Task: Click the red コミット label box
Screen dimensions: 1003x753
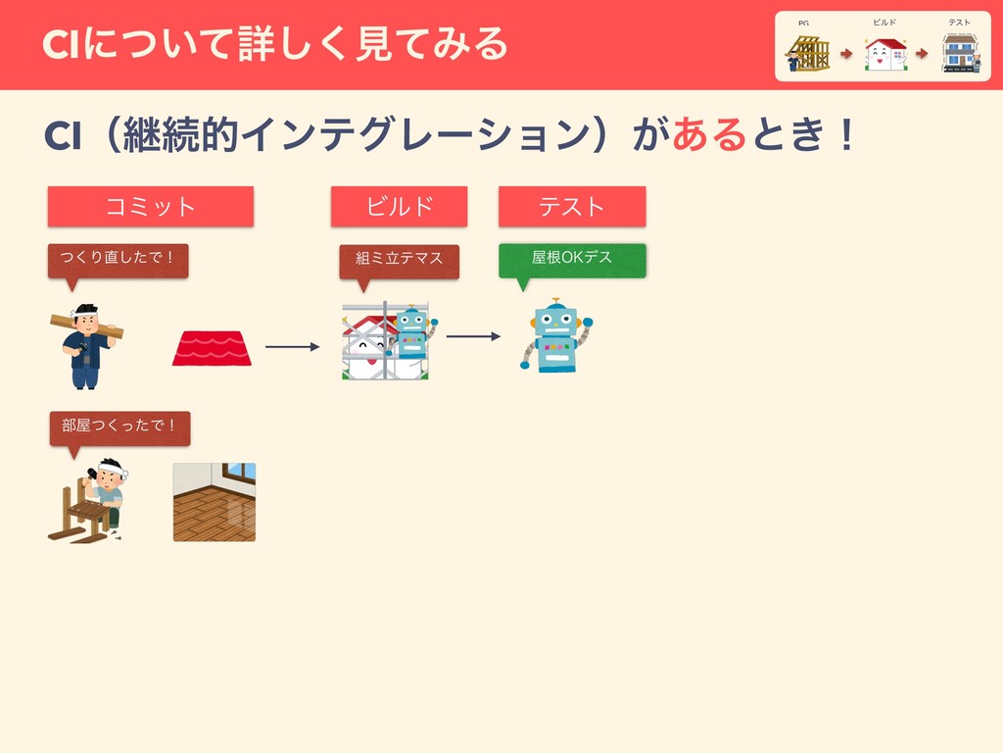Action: click(x=151, y=207)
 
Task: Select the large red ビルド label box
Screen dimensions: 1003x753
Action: click(x=399, y=207)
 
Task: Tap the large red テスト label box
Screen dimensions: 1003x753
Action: click(x=572, y=207)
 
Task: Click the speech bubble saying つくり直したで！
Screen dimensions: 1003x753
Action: click(x=118, y=260)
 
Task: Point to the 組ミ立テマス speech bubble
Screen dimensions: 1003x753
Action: click(x=399, y=259)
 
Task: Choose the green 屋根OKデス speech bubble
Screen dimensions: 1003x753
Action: click(x=572, y=259)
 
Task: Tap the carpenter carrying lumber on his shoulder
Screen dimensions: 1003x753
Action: click(x=85, y=345)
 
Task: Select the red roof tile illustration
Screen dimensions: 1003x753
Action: click(x=212, y=348)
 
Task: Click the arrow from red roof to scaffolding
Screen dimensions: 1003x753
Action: click(x=292, y=346)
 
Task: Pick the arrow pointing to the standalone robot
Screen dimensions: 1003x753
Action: click(x=473, y=336)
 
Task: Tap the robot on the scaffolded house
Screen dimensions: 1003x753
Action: click(x=410, y=333)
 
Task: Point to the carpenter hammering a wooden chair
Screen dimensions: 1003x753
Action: click(x=89, y=500)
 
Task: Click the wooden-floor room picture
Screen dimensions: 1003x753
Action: click(x=214, y=502)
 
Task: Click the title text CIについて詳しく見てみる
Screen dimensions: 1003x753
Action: click(x=275, y=43)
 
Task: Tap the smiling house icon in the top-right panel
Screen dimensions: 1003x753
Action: click(x=885, y=54)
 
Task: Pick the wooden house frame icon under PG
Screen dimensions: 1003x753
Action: click(x=808, y=54)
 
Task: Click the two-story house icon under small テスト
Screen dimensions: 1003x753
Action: click(x=959, y=53)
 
